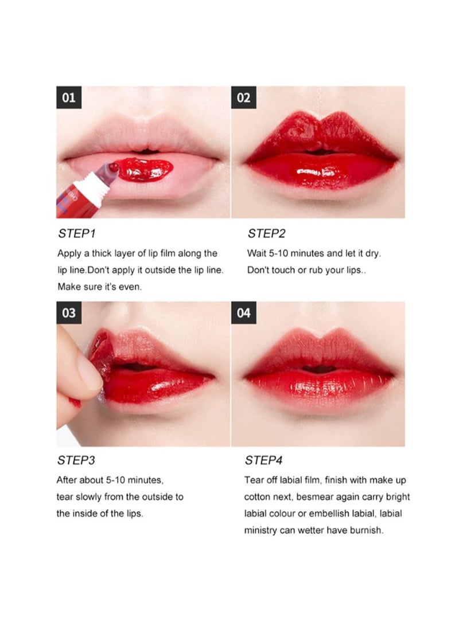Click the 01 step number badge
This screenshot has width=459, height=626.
coord(68,97)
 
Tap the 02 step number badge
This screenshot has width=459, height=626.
coord(243,97)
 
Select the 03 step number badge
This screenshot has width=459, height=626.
coord(68,313)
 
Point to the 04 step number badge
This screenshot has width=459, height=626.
coord(243,313)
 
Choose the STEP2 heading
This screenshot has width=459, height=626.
coord(266,234)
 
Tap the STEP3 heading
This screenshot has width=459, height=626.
coord(76,460)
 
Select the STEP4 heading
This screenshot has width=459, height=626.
coord(264,460)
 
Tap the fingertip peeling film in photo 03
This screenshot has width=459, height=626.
coord(83,367)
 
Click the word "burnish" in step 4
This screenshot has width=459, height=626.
coord(364,531)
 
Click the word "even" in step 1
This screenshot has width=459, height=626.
coord(129,287)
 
